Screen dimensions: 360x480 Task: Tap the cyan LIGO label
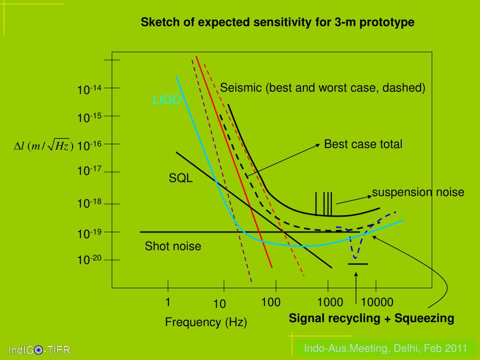167,100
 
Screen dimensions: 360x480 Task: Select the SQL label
181,178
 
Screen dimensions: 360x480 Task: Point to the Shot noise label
173,246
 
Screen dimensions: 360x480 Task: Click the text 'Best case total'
363,144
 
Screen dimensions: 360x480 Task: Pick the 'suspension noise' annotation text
418,192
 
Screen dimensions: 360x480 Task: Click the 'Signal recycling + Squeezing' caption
371,319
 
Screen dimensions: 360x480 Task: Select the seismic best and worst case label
323,88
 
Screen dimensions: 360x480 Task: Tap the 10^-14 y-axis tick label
90,90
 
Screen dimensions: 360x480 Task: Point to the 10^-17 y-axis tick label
90,171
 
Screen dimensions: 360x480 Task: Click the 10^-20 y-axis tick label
90,260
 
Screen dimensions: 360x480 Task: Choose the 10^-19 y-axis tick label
90,233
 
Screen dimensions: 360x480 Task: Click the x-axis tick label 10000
377,302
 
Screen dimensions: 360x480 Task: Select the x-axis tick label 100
271,302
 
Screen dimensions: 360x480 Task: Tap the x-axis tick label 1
168,302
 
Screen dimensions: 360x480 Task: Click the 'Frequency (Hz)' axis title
206,322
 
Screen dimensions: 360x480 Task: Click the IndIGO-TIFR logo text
39,350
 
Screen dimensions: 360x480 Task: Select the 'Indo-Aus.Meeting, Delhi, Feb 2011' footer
386,348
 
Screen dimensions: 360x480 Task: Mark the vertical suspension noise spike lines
324,203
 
